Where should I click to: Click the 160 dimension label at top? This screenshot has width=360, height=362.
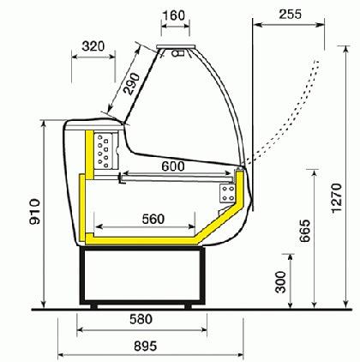[x=175, y=15]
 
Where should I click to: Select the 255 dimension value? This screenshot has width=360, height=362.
[x=291, y=14]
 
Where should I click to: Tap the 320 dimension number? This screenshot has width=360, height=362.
[x=93, y=46]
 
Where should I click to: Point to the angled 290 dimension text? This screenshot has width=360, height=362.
[x=131, y=84]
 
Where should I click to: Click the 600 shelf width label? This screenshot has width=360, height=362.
[x=173, y=166]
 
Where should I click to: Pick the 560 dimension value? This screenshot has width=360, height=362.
[x=153, y=220]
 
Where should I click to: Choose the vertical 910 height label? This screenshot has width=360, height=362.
[x=35, y=212]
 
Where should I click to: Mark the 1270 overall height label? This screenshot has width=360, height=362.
[x=337, y=198]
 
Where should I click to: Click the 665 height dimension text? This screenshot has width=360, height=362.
[x=304, y=231]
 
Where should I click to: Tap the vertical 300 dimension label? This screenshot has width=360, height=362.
[x=280, y=282]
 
